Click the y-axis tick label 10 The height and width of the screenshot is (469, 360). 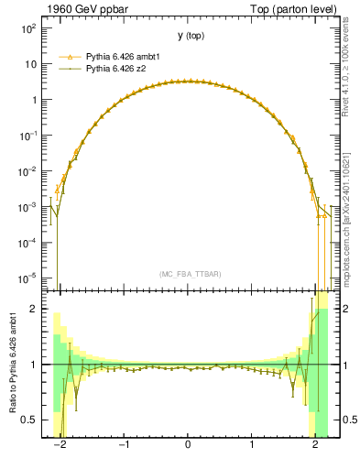click(33, 65)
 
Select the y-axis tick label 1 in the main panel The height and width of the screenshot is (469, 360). click(37, 100)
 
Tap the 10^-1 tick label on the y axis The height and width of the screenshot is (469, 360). click(30, 136)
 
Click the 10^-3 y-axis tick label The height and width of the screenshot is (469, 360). click(30, 207)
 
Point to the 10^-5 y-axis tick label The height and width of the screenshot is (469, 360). click(30, 278)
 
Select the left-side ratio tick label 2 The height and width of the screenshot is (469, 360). click(37, 310)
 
